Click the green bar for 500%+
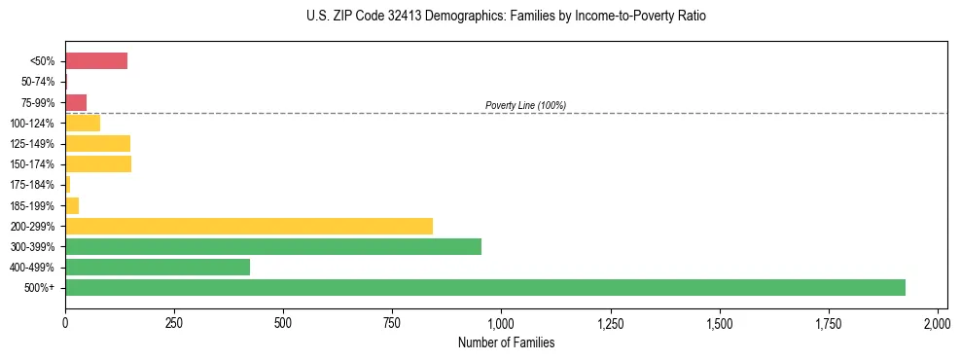[484, 287]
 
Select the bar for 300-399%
[273, 246]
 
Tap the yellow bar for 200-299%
[249, 226]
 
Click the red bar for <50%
[96, 61]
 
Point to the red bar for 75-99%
[76, 102]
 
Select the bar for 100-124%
[83, 123]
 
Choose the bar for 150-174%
[98, 163]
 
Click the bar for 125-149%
[97, 143]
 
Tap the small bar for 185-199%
[72, 205]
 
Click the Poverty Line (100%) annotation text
[525, 105]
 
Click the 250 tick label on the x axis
[174, 322]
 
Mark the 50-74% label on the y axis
[39, 82]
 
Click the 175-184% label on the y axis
[33, 185]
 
